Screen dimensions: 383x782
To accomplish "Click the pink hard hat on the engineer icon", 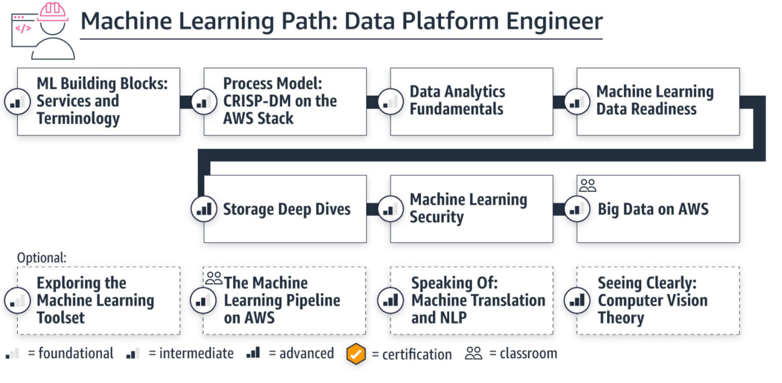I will tap(53, 11).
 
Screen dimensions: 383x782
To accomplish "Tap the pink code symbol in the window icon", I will tap(23, 28).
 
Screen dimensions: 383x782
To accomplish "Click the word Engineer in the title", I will tap(554, 21).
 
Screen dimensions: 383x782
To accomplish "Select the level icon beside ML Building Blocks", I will tap(17, 102).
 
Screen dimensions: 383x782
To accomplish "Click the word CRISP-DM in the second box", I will tap(256, 101).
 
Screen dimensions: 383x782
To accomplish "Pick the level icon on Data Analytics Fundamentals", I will tap(390, 102).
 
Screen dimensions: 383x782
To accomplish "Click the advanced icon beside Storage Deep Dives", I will tap(204, 209).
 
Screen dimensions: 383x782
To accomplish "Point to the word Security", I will tap(437, 217).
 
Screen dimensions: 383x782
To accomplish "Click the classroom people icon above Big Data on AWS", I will tap(587, 185).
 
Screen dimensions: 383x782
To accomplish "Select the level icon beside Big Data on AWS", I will tap(577, 209).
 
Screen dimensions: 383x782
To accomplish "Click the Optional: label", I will tap(41, 258).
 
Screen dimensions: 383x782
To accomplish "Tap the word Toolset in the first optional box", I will tap(60, 318).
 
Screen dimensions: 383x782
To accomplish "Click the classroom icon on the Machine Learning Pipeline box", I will tap(213, 278).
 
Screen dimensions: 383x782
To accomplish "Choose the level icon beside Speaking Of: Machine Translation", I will tap(390, 300).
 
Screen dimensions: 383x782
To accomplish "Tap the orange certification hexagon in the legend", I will tap(356, 354).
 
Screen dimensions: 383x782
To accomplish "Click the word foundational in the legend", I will tap(76, 353).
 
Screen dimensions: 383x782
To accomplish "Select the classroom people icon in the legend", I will tap(473, 353).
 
